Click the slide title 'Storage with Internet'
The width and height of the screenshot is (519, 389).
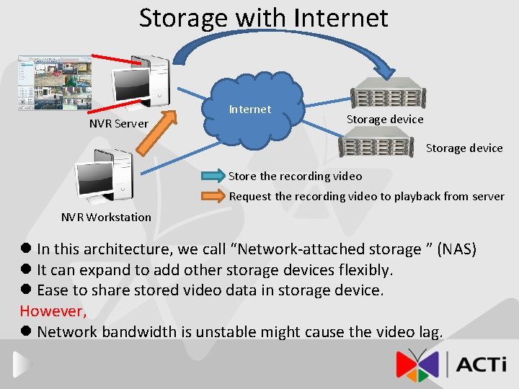tap(263, 18)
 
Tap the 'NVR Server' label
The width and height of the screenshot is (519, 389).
tap(118, 124)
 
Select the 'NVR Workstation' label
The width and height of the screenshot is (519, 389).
tap(106, 217)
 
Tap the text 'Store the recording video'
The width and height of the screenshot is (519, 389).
tap(296, 176)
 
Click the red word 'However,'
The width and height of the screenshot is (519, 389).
tap(53, 311)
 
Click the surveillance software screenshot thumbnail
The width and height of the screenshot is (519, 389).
tap(53, 82)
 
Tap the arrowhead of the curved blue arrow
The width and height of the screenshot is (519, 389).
tap(390, 71)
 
